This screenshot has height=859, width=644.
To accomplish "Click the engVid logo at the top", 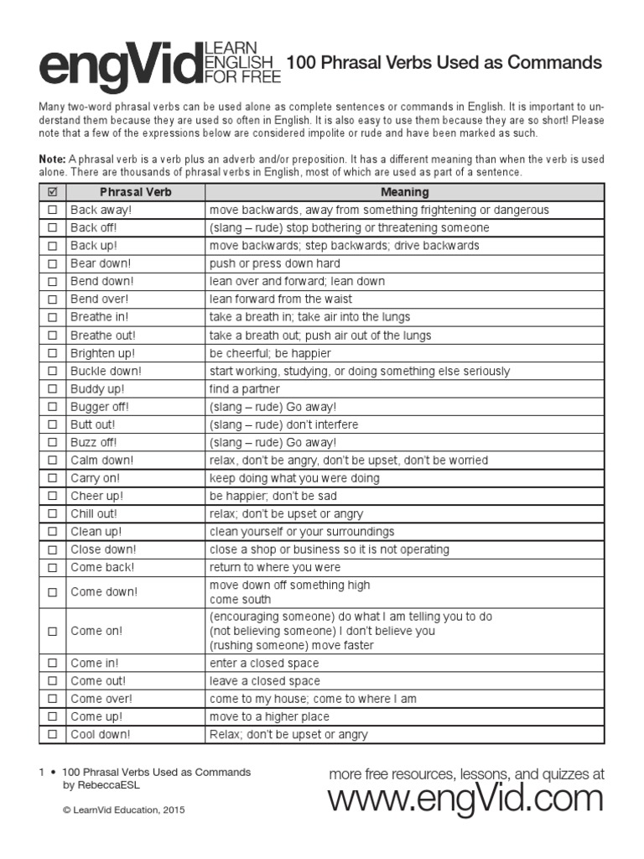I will [x=117, y=65].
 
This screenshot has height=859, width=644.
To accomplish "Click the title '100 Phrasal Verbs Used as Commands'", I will [x=444, y=62].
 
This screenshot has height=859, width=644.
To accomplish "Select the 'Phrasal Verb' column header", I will [x=135, y=192].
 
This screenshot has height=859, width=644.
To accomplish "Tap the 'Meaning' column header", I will [x=404, y=192].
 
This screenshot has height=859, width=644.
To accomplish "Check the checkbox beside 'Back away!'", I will [x=52, y=211].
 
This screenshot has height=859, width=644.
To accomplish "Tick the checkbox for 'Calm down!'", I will [x=52, y=461].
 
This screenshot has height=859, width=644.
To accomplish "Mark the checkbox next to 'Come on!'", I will [x=52, y=631].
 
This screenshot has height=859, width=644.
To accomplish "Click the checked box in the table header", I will [x=52, y=192].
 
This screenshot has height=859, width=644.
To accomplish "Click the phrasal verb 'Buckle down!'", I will [x=106, y=371].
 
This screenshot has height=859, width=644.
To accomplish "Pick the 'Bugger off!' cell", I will [x=100, y=407].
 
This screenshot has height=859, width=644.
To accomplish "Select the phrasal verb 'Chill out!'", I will [x=94, y=513].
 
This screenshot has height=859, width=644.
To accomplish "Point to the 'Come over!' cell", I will [x=101, y=699].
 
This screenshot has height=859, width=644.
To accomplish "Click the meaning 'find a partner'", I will [x=245, y=389].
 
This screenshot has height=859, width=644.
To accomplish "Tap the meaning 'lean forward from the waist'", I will [x=280, y=299].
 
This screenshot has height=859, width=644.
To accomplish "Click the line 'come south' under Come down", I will [x=240, y=600].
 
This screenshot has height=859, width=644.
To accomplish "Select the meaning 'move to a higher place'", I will [x=269, y=717].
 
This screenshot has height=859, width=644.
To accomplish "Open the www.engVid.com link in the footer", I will [x=465, y=799].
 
